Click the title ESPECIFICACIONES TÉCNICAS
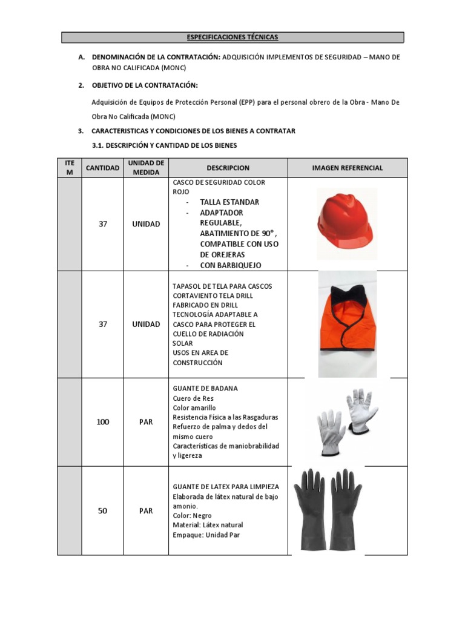point(232,38)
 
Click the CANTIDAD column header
point(103,168)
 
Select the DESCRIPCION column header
point(228,168)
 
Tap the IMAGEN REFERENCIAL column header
point(347,168)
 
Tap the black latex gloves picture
point(328,510)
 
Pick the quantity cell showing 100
point(103,422)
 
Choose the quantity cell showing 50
point(103,511)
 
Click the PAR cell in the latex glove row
point(146,511)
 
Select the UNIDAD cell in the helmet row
point(146,224)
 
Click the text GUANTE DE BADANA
point(205,388)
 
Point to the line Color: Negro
point(192,515)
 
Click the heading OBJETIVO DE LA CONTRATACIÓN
point(145,85)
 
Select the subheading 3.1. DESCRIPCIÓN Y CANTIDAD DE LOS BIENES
point(164,146)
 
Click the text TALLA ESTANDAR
point(229,202)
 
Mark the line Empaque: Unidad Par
point(206,535)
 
